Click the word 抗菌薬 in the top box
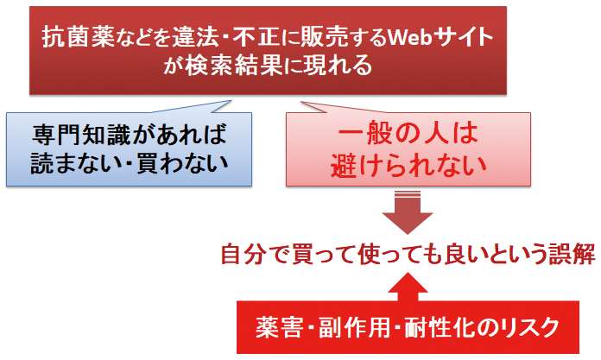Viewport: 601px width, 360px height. pyautogui.click(x=79, y=37)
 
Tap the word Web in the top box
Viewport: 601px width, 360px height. pyautogui.click(x=411, y=37)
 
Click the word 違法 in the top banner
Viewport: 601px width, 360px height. pyautogui.click(x=195, y=37)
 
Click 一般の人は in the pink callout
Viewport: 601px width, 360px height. pyautogui.click(x=408, y=134)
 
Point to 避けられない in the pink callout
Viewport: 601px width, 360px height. pyautogui.click(x=408, y=165)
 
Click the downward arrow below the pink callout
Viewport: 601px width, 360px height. pyautogui.click(x=408, y=212)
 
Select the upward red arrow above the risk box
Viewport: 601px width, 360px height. pyautogui.click(x=408, y=287)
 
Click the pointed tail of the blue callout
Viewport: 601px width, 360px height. pyautogui.click(x=231, y=101)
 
